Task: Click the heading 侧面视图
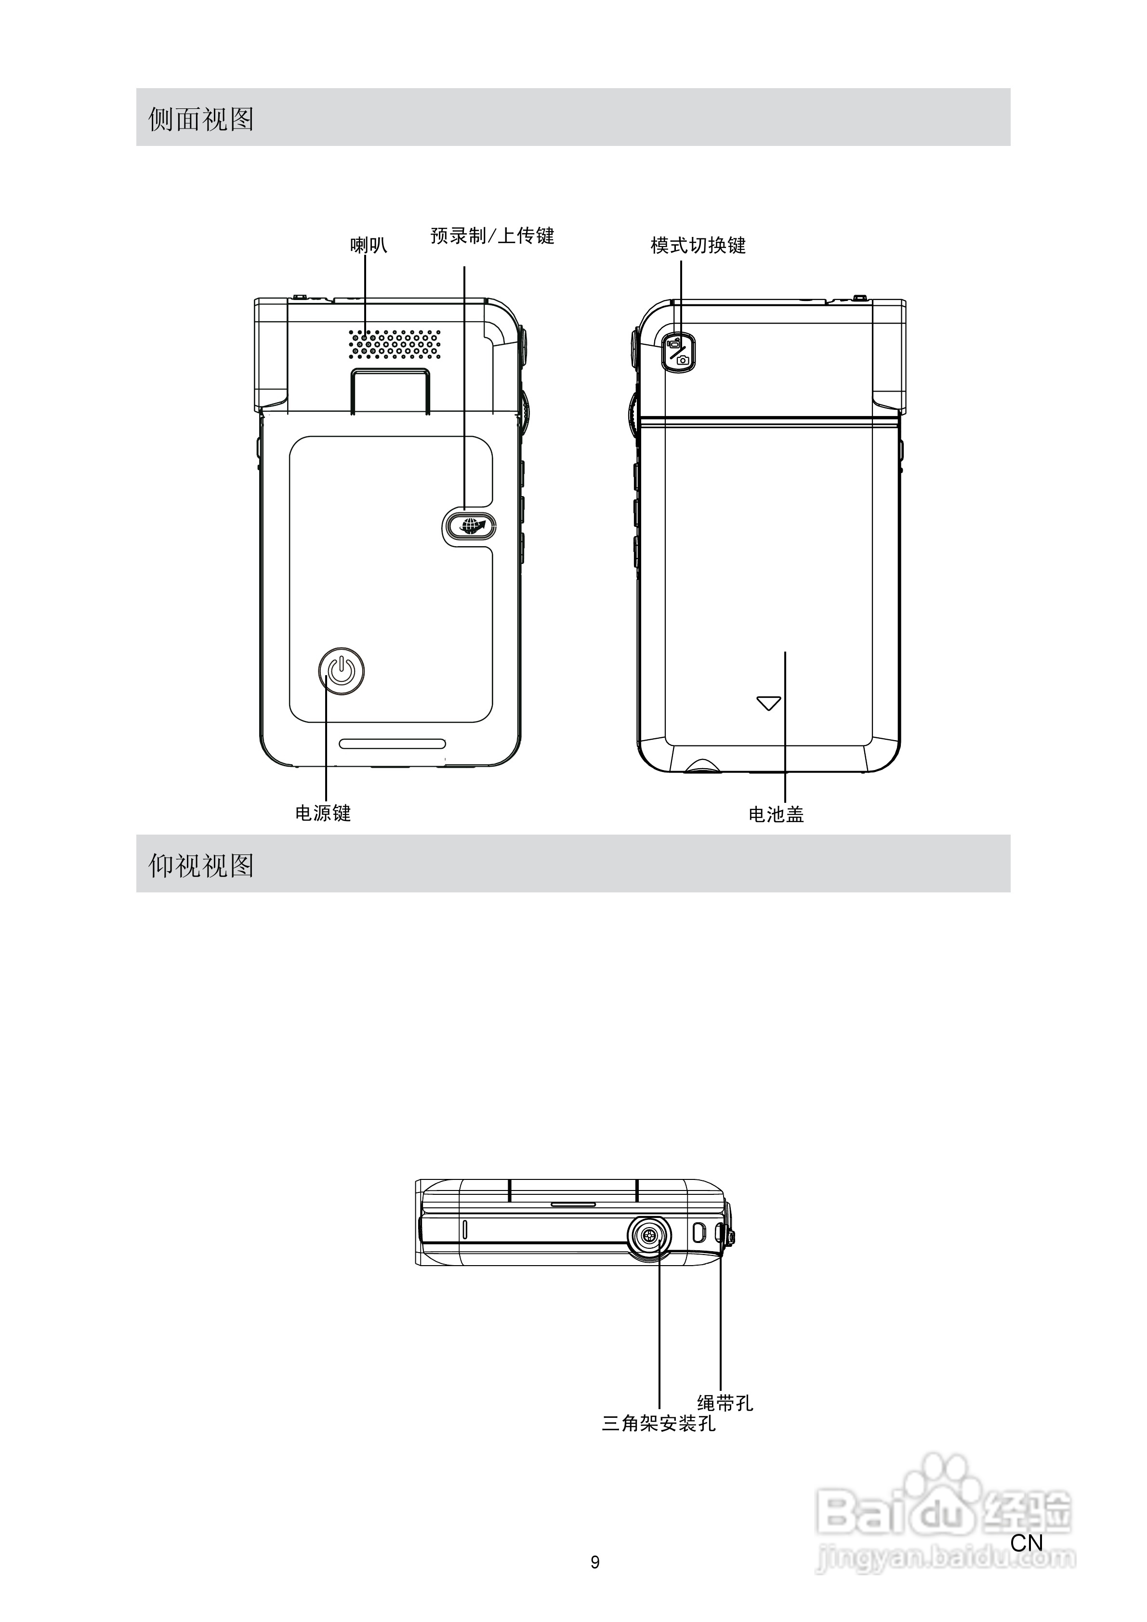click(x=201, y=118)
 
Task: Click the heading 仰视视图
click(x=201, y=865)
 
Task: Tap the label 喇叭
click(x=369, y=245)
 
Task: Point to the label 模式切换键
click(x=698, y=245)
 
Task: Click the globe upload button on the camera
click(x=469, y=525)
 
